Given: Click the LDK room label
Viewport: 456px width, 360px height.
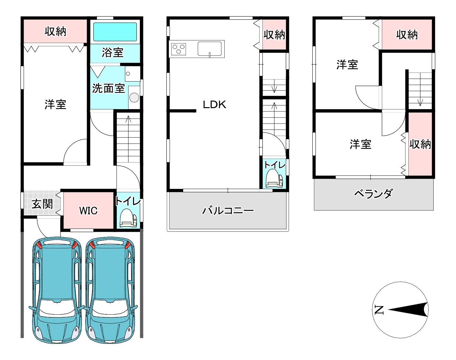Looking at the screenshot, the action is [x=215, y=105].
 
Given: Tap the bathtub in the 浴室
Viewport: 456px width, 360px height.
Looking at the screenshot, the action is [x=115, y=32].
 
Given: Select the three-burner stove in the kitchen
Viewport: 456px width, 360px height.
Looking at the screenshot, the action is [x=179, y=49].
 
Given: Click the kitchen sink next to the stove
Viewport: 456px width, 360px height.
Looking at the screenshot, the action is [x=210, y=49].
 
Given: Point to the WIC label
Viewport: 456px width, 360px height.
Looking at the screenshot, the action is [x=88, y=210].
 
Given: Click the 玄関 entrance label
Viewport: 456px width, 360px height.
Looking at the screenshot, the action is [x=42, y=204].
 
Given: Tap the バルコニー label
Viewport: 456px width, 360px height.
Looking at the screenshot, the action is [x=228, y=210].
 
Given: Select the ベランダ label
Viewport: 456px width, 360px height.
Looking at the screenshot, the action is [x=374, y=193].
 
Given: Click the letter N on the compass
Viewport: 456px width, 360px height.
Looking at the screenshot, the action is [x=379, y=310].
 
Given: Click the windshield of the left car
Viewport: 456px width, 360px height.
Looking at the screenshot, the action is [x=57, y=307].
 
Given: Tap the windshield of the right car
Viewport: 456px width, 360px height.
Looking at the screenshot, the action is [x=110, y=307].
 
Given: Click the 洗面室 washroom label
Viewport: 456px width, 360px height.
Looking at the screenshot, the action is [x=108, y=88].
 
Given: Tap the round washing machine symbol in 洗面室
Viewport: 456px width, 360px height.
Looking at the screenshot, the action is [x=134, y=98].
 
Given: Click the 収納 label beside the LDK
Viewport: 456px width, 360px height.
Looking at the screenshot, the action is [x=274, y=35].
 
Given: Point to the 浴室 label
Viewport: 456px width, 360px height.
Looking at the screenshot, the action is [x=113, y=52].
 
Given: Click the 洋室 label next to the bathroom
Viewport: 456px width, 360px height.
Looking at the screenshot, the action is [x=55, y=105].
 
